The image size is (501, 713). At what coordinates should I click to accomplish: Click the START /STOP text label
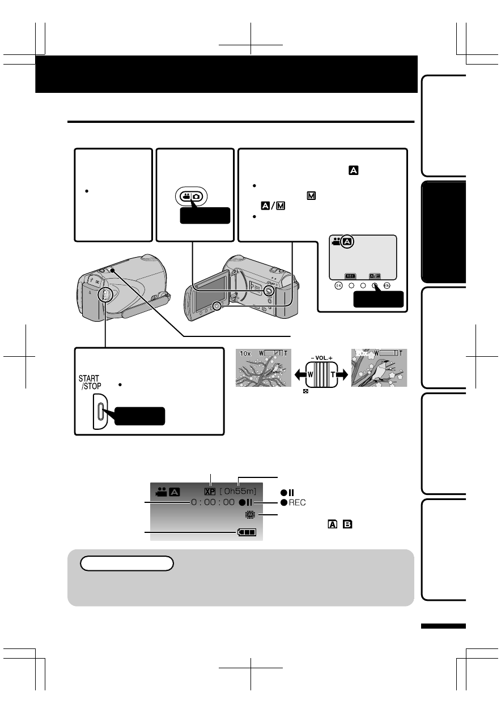(90, 382)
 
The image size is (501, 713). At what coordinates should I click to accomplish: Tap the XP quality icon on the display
(210, 492)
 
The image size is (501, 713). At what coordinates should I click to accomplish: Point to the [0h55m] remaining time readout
(238, 491)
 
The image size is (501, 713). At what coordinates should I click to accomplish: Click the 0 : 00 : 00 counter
(213, 502)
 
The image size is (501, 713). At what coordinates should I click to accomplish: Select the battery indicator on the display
(247, 532)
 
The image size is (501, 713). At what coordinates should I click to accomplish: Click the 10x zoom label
(245, 353)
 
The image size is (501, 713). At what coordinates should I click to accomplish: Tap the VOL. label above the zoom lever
(322, 358)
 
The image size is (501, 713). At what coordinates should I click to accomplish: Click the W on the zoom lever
(310, 375)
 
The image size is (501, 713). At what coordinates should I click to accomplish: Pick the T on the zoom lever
(333, 375)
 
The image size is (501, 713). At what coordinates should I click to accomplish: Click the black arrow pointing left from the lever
(300, 375)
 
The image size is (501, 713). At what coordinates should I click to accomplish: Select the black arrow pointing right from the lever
(342, 375)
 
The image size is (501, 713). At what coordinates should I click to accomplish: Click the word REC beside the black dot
(297, 502)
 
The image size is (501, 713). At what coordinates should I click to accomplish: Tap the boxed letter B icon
(347, 524)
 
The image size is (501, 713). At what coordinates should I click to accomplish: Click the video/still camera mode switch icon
(192, 197)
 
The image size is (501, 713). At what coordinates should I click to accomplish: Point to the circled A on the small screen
(347, 242)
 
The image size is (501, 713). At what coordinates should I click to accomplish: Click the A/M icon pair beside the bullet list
(273, 206)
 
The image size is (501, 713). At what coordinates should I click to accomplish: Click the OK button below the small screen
(338, 285)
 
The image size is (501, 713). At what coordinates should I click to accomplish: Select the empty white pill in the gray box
(127, 563)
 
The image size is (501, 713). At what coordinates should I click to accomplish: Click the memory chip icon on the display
(250, 514)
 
